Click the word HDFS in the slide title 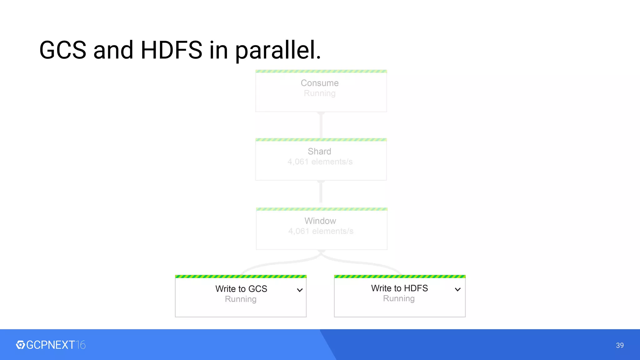(171, 50)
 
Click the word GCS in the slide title (63, 50)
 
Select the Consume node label (320, 83)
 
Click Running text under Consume (320, 93)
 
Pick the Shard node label (319, 152)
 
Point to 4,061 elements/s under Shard (320, 162)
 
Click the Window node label (320, 221)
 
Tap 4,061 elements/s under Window (321, 231)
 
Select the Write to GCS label (241, 289)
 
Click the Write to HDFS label (399, 288)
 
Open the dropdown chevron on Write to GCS (300, 290)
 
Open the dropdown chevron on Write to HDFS (457, 289)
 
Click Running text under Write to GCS (241, 299)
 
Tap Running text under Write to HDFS (399, 298)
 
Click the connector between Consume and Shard (321, 125)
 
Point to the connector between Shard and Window (321, 194)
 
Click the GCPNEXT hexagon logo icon (20, 345)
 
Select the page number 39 (620, 345)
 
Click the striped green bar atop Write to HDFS (400, 277)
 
